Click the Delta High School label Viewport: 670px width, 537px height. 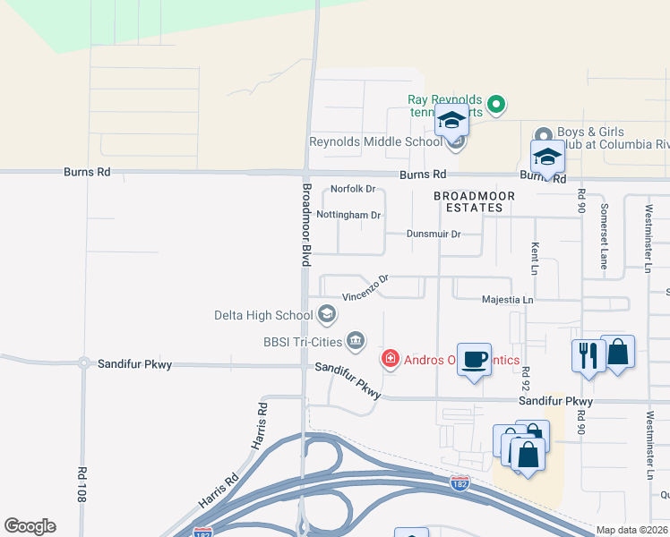262,315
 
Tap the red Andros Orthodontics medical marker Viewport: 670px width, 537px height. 390,360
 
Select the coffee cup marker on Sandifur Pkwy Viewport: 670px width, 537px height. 474,361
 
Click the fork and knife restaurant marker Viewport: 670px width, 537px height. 588,354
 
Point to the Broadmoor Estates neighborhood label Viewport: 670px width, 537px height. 468,201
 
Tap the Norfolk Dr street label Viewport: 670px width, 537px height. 353,189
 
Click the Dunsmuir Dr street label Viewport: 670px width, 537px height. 434,234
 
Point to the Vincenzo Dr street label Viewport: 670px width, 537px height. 365,288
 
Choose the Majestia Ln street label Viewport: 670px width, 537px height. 507,300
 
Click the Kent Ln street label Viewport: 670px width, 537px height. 536,257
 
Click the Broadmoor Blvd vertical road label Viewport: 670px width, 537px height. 305,224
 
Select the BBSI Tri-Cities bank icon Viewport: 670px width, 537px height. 356,340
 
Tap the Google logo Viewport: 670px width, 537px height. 30,526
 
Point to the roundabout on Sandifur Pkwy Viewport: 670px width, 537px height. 82,363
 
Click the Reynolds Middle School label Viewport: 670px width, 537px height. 375,141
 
